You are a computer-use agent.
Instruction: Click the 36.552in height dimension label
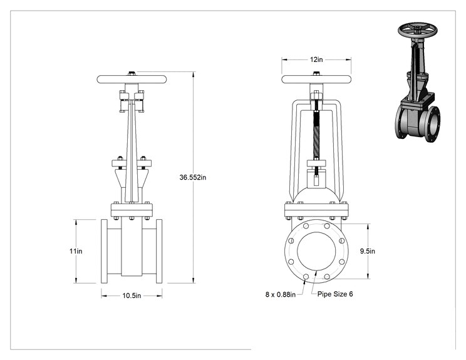[192, 177]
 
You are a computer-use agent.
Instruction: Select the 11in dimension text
[76, 251]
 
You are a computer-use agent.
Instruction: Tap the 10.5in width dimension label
[132, 296]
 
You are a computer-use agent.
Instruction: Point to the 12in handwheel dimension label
[316, 59]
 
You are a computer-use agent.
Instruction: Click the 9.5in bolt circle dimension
[367, 251]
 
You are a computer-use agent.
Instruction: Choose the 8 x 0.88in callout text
[280, 294]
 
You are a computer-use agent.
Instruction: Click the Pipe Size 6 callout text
[335, 294]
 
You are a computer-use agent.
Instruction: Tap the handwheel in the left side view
[132, 80]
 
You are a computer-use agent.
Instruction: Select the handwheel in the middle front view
[316, 80]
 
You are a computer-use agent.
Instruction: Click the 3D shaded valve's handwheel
[418, 29]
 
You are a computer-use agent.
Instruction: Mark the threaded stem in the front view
[316, 133]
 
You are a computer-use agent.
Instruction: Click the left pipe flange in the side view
[104, 251]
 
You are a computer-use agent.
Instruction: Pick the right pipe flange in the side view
[159, 251]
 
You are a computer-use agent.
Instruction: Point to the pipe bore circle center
[316, 251]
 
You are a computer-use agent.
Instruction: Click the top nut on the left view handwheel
[132, 73]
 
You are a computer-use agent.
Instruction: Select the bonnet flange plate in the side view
[132, 210]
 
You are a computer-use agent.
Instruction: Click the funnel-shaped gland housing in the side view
[132, 178]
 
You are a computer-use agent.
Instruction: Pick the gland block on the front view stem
[316, 163]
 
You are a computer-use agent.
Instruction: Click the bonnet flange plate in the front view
[316, 210]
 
